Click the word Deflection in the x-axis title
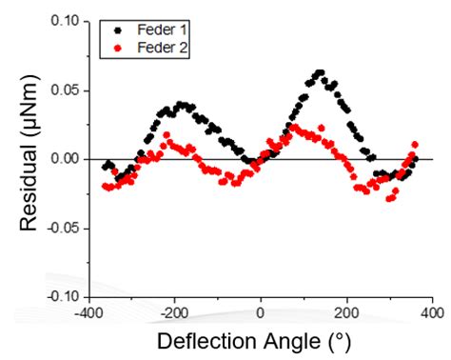click(x=202, y=341)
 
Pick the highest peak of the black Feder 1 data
click(x=320, y=72)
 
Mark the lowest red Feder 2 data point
click(x=389, y=198)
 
